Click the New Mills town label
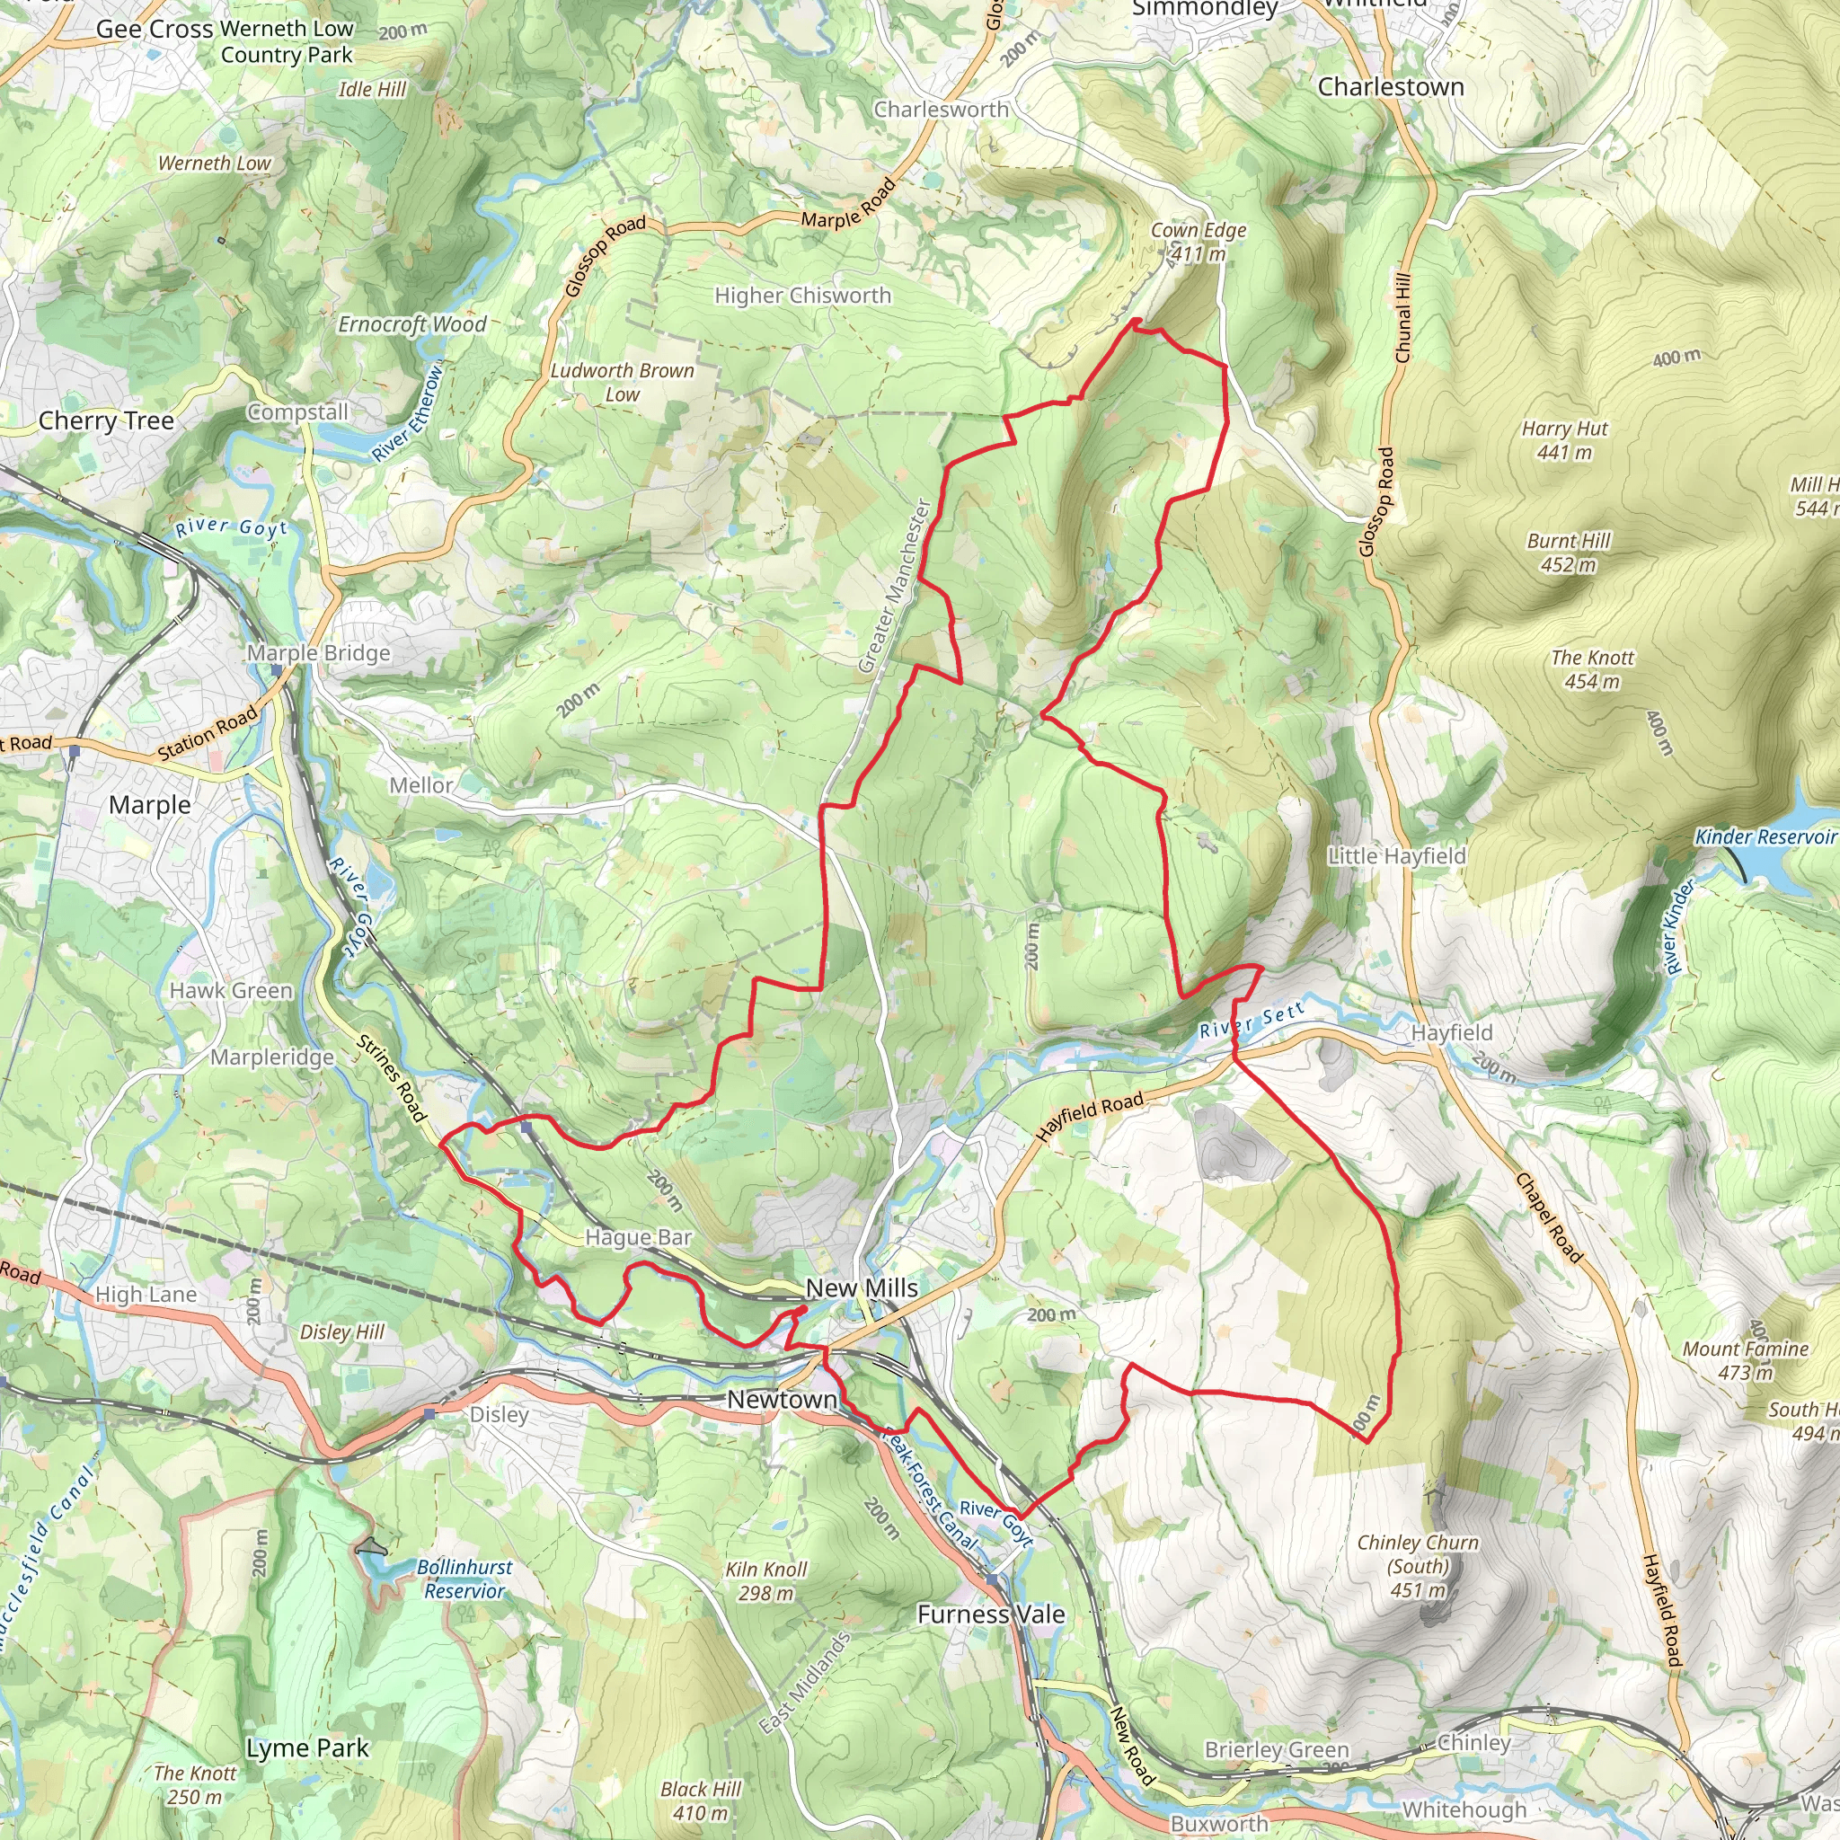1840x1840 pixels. (861, 1287)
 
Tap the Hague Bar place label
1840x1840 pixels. (638, 1237)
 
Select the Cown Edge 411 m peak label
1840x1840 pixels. (1199, 242)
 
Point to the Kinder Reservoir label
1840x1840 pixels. (1765, 837)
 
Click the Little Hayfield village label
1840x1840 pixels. (1396, 856)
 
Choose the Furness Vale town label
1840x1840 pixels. (990, 1614)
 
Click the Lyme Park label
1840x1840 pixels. (306, 1748)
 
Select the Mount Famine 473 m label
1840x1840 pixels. (1745, 1360)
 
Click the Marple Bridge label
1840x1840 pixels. (318, 653)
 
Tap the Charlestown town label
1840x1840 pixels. (1391, 86)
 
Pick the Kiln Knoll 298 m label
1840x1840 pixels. (765, 1581)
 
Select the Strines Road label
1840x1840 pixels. (392, 1080)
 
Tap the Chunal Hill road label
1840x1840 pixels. (1402, 318)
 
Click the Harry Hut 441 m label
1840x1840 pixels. (1564, 440)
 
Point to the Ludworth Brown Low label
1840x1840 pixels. (622, 382)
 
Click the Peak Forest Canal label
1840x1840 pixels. (929, 1486)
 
